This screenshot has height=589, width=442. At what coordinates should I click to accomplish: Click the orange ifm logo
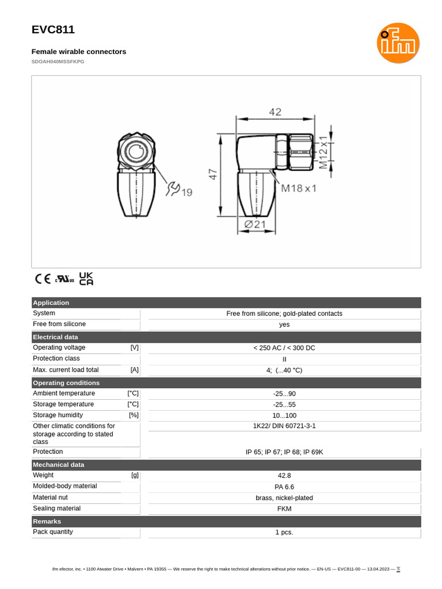[398, 43]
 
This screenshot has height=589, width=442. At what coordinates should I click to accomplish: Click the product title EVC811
[53, 30]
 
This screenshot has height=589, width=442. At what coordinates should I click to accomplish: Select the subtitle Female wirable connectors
[79, 52]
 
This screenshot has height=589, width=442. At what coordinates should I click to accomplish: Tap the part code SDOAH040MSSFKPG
[58, 62]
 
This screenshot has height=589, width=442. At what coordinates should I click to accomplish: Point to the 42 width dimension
[275, 112]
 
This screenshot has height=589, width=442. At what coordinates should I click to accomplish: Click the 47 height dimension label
[214, 175]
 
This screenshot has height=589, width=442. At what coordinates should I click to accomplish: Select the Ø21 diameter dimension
[255, 224]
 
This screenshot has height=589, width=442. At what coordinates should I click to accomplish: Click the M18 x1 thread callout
[299, 188]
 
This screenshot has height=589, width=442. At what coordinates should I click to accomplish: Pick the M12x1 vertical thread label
[323, 151]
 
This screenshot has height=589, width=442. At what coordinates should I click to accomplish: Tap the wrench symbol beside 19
[173, 189]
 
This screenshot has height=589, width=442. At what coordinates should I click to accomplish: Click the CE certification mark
[43, 279]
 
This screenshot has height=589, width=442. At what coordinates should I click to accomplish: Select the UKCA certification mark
[86, 279]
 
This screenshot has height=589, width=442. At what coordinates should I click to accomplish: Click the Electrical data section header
[56, 337]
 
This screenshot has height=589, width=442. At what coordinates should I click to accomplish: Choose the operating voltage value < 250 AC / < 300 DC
[284, 348]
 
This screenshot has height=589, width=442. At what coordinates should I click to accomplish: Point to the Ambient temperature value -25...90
[284, 394]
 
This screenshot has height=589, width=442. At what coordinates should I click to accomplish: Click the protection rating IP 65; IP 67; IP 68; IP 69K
[284, 452]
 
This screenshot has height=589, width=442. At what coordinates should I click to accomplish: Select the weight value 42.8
[284, 476]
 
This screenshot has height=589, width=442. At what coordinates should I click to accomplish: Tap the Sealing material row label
[57, 508]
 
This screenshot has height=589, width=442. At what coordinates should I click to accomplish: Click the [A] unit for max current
[135, 370]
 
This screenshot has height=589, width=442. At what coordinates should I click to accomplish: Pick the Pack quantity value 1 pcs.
[284, 533]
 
